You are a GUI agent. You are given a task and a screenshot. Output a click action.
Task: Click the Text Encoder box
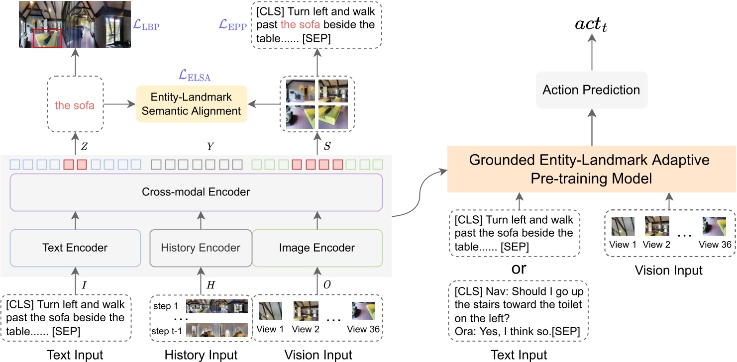(x=75, y=248)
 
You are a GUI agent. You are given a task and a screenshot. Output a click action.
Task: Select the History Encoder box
(x=201, y=248)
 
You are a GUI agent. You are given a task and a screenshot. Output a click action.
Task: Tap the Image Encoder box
(x=317, y=248)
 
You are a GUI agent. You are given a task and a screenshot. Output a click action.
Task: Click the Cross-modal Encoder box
(x=196, y=192)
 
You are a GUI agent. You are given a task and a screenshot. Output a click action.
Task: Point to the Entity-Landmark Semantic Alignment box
(x=192, y=103)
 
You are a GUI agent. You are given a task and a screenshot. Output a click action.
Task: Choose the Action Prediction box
(x=591, y=90)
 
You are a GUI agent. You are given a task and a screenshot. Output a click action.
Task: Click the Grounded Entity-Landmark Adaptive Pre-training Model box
(x=591, y=170)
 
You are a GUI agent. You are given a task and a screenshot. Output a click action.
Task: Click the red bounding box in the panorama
(x=47, y=38)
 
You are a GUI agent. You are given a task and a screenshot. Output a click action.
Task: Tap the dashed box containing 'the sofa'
(x=75, y=105)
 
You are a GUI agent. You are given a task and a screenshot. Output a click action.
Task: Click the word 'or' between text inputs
(x=519, y=269)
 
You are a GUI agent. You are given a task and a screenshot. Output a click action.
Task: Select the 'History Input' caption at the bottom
(x=201, y=355)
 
